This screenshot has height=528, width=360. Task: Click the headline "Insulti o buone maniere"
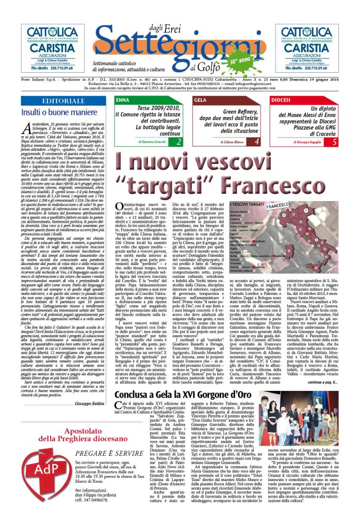(52, 112)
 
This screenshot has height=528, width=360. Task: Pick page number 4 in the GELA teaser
(256, 141)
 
